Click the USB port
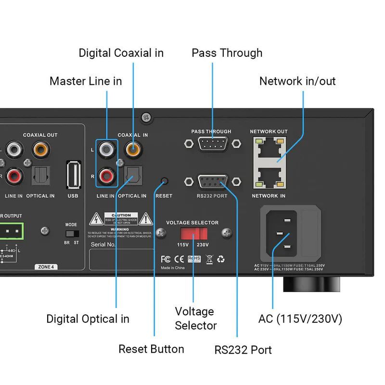[x=74, y=175]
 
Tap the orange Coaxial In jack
[x=133, y=150]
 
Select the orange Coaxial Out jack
[x=40, y=150]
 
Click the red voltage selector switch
[x=193, y=234]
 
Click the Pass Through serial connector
[x=212, y=143]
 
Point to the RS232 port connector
[x=212, y=182]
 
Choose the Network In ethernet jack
[x=269, y=177]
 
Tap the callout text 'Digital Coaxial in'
[x=121, y=53]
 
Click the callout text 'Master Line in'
[x=86, y=81]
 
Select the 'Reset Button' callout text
[x=151, y=349]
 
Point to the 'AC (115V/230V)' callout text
[x=300, y=319]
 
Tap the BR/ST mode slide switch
[x=72, y=233]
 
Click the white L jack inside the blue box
[x=106, y=150]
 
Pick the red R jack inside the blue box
[x=106, y=175]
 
